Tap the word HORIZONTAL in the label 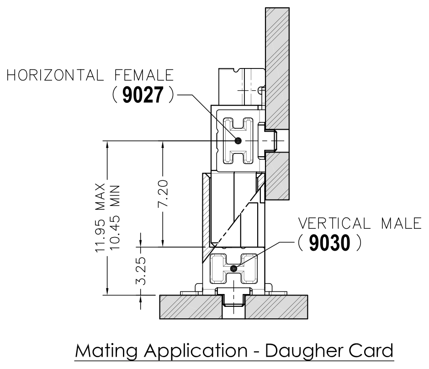pyautogui.click(x=57, y=75)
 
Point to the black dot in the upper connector pyautogui.click(x=238, y=140)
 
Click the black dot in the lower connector pyautogui.click(x=234, y=268)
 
